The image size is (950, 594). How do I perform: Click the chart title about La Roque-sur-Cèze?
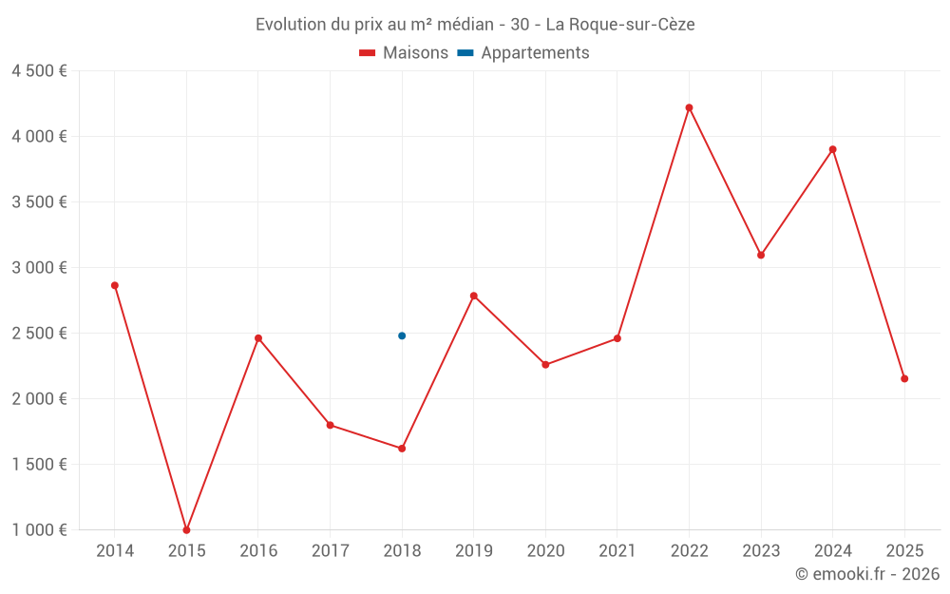click(x=475, y=24)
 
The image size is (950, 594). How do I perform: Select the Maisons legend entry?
click(x=404, y=53)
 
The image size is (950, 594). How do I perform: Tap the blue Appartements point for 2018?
click(x=402, y=335)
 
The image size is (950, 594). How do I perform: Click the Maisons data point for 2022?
click(x=689, y=107)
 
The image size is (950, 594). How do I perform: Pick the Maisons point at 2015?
click(x=186, y=529)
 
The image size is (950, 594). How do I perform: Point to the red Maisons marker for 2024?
click(x=832, y=149)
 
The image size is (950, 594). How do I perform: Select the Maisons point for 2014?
click(x=115, y=285)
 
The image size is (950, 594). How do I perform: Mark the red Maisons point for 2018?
click(x=402, y=448)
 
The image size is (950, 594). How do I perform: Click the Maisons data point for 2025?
click(x=904, y=378)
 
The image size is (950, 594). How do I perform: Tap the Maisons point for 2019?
click(x=473, y=296)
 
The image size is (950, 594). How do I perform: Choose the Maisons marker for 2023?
click(x=761, y=255)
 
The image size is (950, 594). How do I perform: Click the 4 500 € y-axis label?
click(x=39, y=71)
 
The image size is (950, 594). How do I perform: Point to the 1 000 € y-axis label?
click(x=39, y=529)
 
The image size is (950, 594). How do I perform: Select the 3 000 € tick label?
click(x=39, y=268)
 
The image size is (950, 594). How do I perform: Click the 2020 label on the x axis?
click(x=545, y=551)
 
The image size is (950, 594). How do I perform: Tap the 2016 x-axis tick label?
click(x=258, y=551)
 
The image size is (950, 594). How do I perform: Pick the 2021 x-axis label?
click(x=617, y=551)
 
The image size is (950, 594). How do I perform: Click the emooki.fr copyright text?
click(x=867, y=574)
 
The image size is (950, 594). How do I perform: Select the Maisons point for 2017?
click(x=330, y=425)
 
